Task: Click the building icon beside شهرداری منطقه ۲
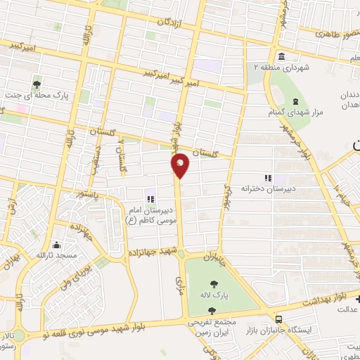281,56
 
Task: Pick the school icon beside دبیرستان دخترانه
268,179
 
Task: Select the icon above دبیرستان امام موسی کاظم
148,200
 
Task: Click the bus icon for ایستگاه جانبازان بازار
280,319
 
